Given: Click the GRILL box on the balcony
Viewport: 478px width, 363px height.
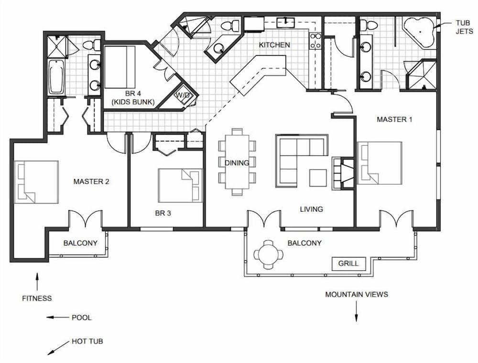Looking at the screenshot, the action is (x=349, y=264).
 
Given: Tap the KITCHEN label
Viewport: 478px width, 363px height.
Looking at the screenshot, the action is (x=274, y=45).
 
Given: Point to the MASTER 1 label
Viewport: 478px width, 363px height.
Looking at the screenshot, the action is (x=394, y=119).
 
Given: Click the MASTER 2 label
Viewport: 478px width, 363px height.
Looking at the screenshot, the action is (x=91, y=182).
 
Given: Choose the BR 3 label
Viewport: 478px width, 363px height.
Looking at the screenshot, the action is (x=163, y=213).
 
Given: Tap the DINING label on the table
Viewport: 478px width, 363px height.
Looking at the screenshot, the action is (x=237, y=163).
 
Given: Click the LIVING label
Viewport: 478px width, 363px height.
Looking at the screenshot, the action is (x=311, y=209).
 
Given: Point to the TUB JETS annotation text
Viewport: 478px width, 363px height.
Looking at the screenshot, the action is (x=464, y=27).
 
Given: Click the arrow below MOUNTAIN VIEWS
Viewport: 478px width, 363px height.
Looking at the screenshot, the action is (x=356, y=311).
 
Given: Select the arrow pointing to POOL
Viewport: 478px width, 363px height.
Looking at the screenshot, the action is (x=58, y=317).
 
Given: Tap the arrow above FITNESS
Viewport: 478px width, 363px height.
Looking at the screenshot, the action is (x=37, y=282).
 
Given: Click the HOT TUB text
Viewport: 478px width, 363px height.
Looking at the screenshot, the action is (x=87, y=341).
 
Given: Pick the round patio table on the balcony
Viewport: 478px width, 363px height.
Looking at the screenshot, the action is (x=269, y=255).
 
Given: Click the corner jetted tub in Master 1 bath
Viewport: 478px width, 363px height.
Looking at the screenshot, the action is (x=420, y=32).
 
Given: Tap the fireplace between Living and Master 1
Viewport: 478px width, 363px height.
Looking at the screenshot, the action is (x=343, y=173).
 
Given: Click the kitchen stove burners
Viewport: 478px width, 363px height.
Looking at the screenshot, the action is (x=315, y=41).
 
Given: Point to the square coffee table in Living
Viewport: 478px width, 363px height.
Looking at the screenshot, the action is (x=318, y=178).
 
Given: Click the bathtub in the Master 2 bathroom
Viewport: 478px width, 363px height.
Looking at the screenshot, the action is (x=56, y=77).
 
